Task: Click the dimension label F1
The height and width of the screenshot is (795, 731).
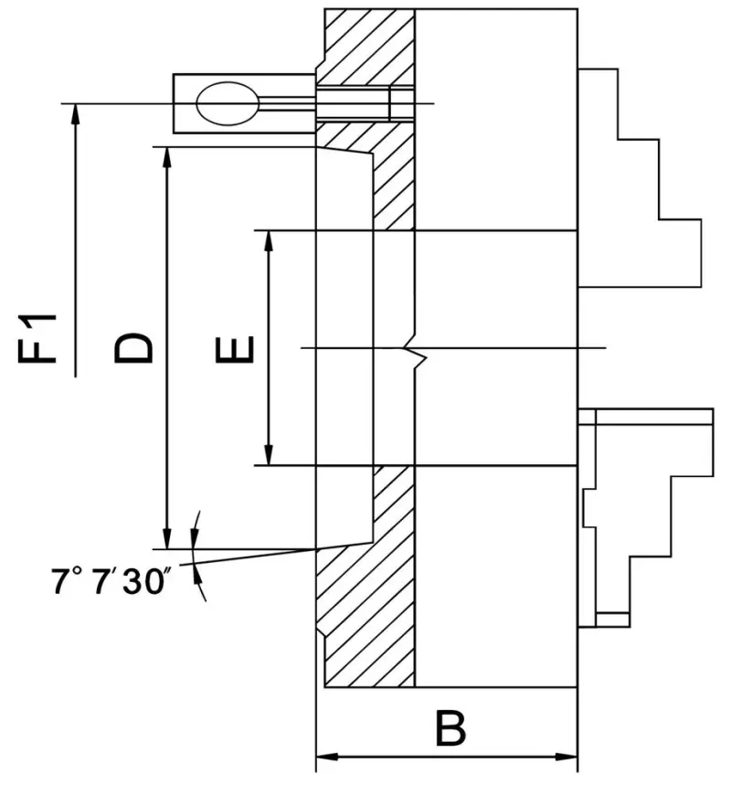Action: [x=40, y=338]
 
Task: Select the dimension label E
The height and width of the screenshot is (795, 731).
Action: [x=235, y=348]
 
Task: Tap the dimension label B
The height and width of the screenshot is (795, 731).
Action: [x=450, y=729]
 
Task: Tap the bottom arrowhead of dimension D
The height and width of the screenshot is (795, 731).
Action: [x=166, y=540]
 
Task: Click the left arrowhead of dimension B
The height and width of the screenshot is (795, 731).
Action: [x=323, y=757]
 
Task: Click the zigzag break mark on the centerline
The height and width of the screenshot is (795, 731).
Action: [x=416, y=350]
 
